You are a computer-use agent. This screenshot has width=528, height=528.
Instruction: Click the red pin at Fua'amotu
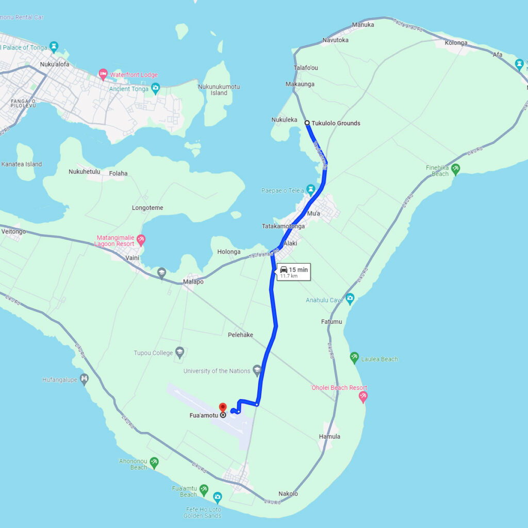223,407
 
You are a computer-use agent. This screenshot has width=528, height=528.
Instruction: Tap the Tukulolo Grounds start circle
307,123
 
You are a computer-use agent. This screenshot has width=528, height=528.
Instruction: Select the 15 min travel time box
293,272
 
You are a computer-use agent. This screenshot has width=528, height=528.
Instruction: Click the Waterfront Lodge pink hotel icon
103,75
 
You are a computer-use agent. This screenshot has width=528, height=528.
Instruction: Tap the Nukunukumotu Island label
219,90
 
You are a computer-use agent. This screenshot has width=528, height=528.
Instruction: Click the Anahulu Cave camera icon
350,298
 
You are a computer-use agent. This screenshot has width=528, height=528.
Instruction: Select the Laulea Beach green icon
354,356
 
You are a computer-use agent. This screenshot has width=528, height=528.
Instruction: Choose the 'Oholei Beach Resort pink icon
363,397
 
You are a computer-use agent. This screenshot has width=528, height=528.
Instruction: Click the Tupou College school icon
179,353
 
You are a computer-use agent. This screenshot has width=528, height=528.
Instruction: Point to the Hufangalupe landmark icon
85,379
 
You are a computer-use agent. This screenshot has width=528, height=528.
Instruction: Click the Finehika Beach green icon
455,168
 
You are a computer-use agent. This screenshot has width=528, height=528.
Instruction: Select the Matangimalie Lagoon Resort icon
141,240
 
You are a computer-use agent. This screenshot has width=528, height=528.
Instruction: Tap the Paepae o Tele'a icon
310,189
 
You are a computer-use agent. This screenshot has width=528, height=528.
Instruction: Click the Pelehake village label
240,335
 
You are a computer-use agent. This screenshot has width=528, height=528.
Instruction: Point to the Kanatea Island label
22,164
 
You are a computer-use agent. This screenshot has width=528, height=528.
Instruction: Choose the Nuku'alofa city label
54,64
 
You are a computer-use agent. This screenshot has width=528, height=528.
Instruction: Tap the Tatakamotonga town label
283,226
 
